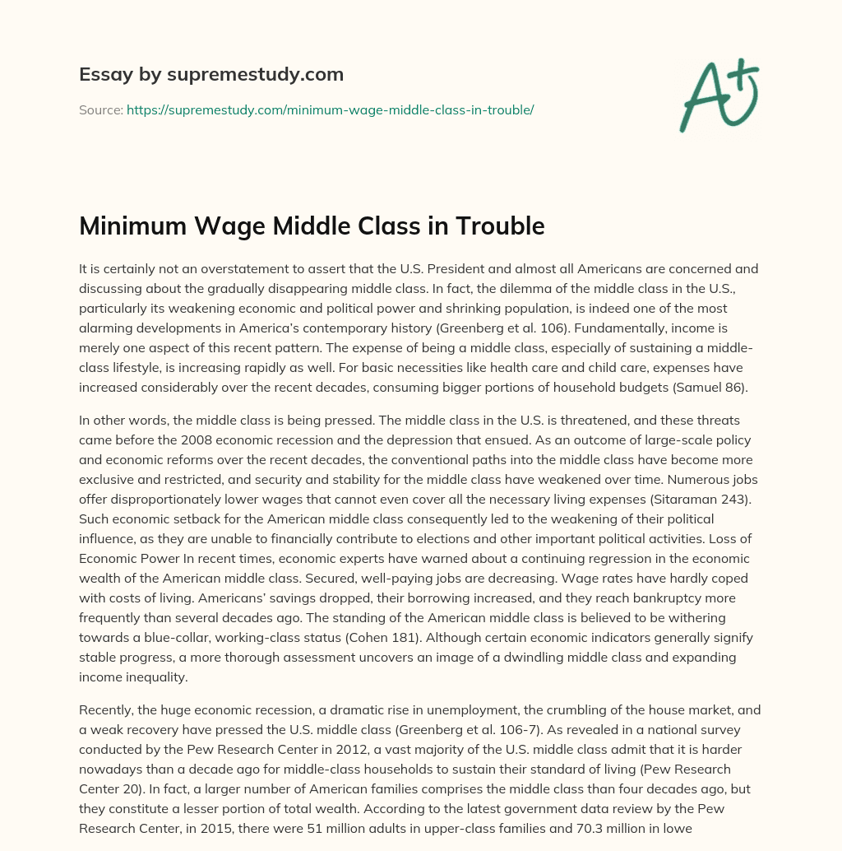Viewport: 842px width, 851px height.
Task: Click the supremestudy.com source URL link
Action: point(331,109)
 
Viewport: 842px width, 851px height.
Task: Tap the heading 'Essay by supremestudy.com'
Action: point(211,75)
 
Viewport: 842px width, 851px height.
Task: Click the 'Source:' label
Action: point(100,109)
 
